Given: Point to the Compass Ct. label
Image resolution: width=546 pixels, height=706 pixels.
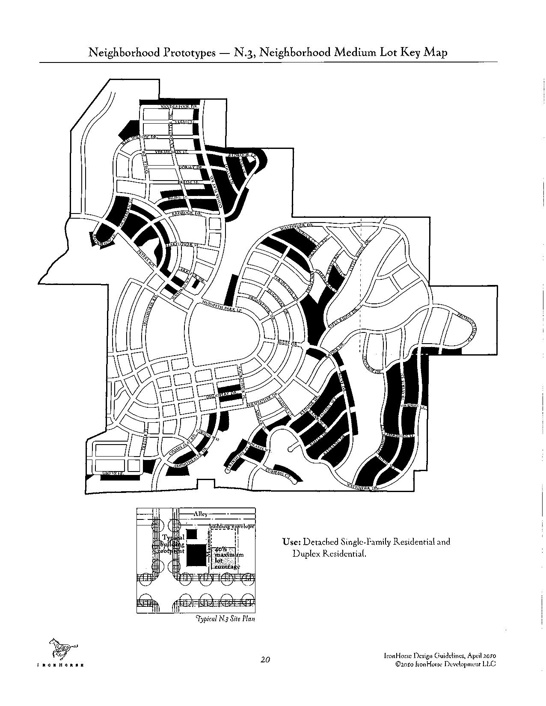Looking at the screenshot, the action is click(278, 472).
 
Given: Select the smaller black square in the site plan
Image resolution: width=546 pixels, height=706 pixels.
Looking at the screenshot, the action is click(191, 534).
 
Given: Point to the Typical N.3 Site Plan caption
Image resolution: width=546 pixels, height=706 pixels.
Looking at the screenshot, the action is click(225, 619).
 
